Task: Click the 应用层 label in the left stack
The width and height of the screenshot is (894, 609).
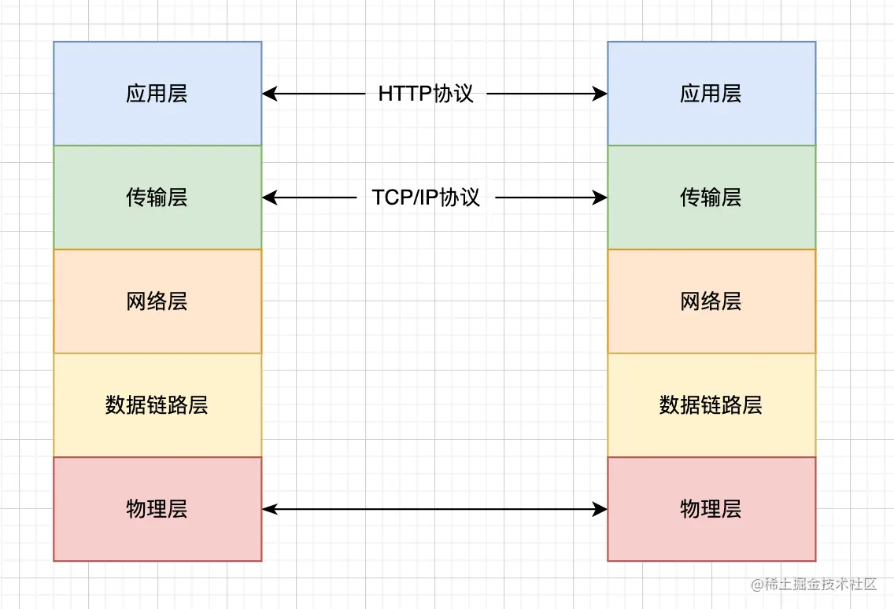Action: (x=157, y=94)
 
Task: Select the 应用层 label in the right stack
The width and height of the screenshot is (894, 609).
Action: (x=711, y=94)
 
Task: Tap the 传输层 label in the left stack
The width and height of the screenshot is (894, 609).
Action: (x=157, y=197)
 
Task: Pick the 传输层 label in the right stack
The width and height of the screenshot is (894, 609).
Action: (x=711, y=197)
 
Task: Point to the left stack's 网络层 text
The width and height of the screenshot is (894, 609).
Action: (x=157, y=301)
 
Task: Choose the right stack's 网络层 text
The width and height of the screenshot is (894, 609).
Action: (x=711, y=301)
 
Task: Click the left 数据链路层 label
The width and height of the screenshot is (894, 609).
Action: (x=157, y=405)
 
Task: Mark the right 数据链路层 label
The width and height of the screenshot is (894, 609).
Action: (x=711, y=405)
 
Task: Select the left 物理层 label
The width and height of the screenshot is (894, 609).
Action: (x=157, y=509)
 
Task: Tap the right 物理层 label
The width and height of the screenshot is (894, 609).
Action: (x=711, y=509)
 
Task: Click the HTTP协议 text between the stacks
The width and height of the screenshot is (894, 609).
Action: (x=426, y=94)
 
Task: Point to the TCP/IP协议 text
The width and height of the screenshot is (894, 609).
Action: (x=426, y=197)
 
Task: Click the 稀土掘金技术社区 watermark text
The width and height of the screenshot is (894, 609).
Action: (x=822, y=584)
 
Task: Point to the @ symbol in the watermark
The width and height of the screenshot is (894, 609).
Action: (x=758, y=584)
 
